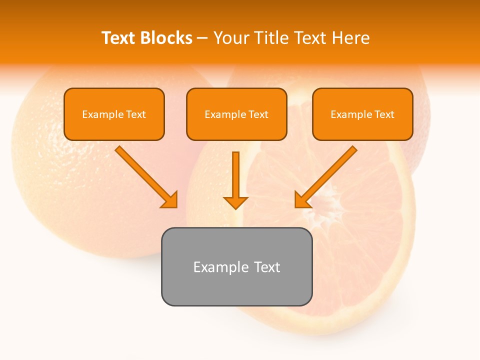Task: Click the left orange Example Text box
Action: click(114, 114)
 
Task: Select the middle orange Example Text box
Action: click(236, 114)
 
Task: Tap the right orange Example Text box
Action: click(362, 114)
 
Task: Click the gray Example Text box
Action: click(236, 266)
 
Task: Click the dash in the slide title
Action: click(202, 38)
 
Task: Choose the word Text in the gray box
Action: click(267, 266)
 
